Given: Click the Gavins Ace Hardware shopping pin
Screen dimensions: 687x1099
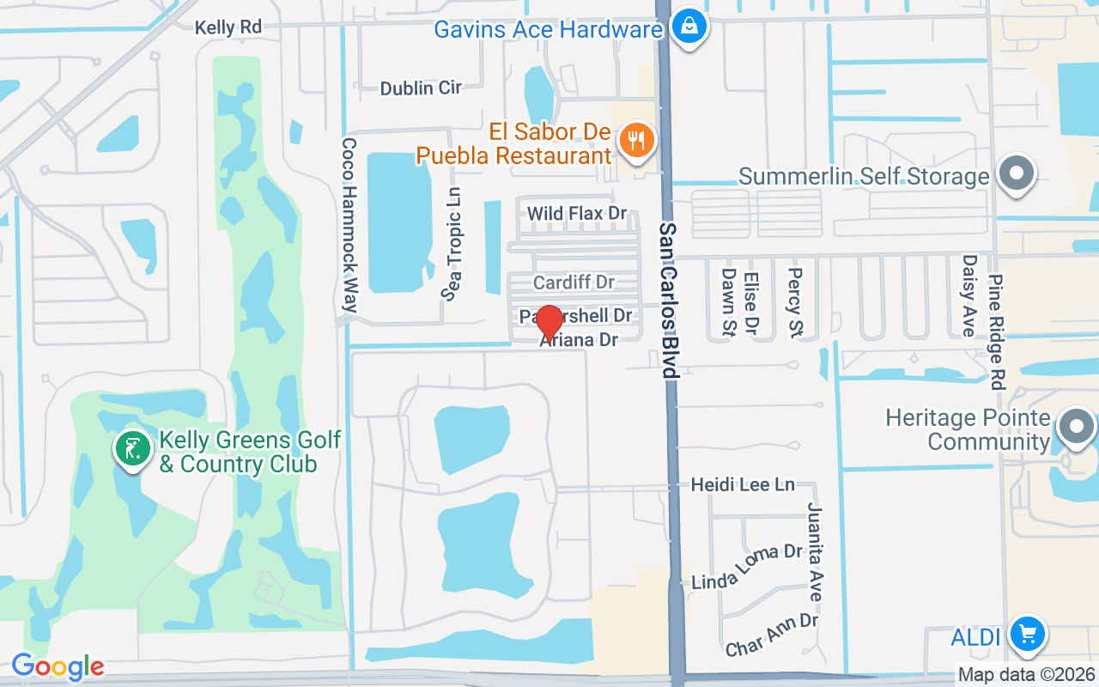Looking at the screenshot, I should click(689, 27).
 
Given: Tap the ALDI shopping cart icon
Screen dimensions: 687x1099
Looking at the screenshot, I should click(1027, 635).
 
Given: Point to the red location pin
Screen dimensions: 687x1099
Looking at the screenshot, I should click(549, 322).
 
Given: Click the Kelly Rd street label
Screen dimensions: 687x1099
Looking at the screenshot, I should click(228, 27).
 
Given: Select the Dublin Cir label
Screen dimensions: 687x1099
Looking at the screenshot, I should click(421, 88).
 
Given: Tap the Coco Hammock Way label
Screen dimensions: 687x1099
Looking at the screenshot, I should click(349, 225).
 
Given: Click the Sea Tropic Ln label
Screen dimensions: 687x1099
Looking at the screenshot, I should click(452, 244).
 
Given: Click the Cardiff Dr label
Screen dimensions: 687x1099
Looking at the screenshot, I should click(574, 283).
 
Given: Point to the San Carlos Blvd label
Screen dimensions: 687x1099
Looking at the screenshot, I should click(669, 301).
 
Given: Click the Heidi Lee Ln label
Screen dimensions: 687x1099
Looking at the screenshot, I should click(743, 485).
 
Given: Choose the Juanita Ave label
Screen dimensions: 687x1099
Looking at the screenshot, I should click(815, 552).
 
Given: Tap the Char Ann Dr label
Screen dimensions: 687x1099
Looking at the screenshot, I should click(772, 635).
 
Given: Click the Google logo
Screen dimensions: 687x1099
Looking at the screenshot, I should click(58, 666).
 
